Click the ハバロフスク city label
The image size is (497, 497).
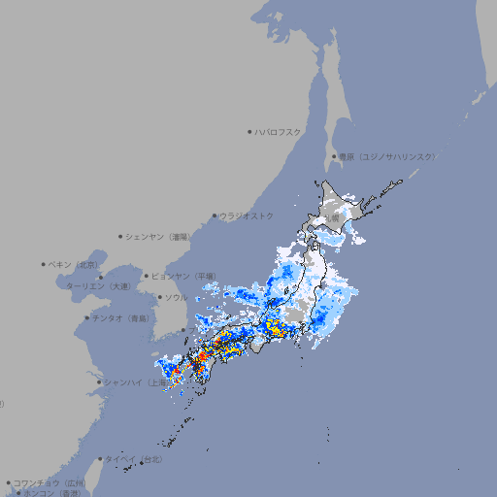tap(279, 131)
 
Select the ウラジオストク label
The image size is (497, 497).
tap(247, 215)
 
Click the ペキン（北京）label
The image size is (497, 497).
tap(75, 264)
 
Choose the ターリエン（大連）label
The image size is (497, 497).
tap(98, 286)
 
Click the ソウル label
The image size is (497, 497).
tap(176, 297)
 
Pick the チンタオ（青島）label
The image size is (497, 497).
tap(120, 317)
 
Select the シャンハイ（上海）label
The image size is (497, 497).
tap(136, 382)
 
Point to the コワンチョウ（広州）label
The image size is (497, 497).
tap(50, 482)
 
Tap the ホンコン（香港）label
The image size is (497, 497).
tap(52, 493)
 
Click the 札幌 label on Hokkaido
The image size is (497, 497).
tap(332, 217)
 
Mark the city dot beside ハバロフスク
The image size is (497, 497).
tap(249, 131)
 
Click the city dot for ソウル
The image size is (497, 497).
tap(159, 297)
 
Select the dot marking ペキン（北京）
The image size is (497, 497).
tap(44, 264)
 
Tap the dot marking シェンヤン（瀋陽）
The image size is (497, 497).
tap(120, 236)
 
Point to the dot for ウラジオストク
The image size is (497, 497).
tap(215, 215)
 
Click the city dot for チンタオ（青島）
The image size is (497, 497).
tap(87, 317)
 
